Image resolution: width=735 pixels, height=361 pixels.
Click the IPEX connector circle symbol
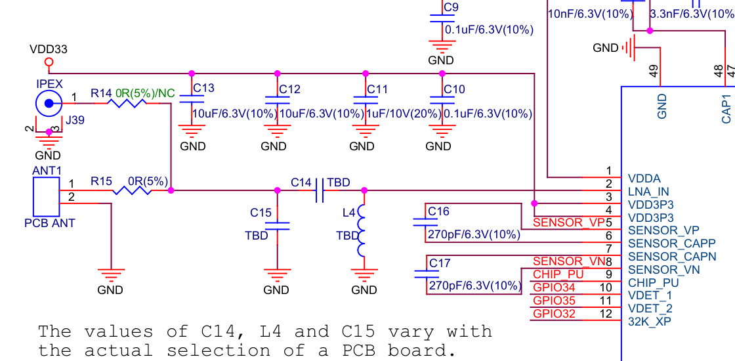(48, 102)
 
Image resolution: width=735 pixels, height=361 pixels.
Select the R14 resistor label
(101, 94)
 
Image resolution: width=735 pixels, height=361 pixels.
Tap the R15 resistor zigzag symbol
(132, 191)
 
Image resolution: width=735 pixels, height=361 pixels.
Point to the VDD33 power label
(49, 49)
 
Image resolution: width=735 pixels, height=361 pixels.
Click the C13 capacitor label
(203, 89)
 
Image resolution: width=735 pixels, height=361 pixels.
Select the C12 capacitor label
(289, 89)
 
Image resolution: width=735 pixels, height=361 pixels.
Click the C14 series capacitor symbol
(320, 191)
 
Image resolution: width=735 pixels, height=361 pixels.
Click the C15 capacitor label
(261, 213)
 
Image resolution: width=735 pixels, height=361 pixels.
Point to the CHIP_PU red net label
(558, 274)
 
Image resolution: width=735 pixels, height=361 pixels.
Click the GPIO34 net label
(554, 287)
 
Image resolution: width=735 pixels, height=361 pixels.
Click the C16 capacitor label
(438, 211)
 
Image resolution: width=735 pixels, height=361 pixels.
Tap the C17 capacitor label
(439, 263)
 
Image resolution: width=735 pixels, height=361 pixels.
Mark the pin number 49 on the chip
(654, 71)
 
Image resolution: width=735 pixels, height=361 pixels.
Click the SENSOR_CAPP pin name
(672, 244)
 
